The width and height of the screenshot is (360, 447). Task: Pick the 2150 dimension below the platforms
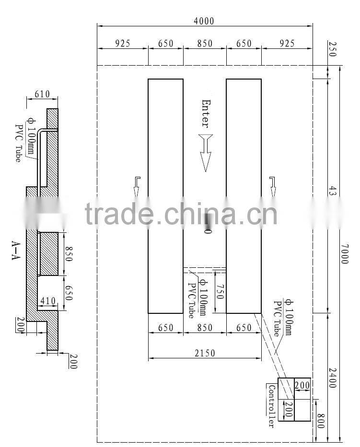[x=204, y=353]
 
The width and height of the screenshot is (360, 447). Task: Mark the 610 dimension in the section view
[x=42, y=95]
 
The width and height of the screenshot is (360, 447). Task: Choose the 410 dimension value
[x=48, y=301]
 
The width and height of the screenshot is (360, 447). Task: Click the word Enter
[x=205, y=113]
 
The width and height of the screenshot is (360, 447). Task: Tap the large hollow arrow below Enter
[x=206, y=152]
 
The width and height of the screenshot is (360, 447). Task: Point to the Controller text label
[x=271, y=406]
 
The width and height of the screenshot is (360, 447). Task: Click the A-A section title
[x=15, y=250]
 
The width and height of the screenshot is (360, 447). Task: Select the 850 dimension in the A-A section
[x=68, y=253]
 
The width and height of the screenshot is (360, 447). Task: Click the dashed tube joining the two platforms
[x=204, y=269]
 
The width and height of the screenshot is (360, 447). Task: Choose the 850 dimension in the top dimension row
[x=204, y=44]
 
